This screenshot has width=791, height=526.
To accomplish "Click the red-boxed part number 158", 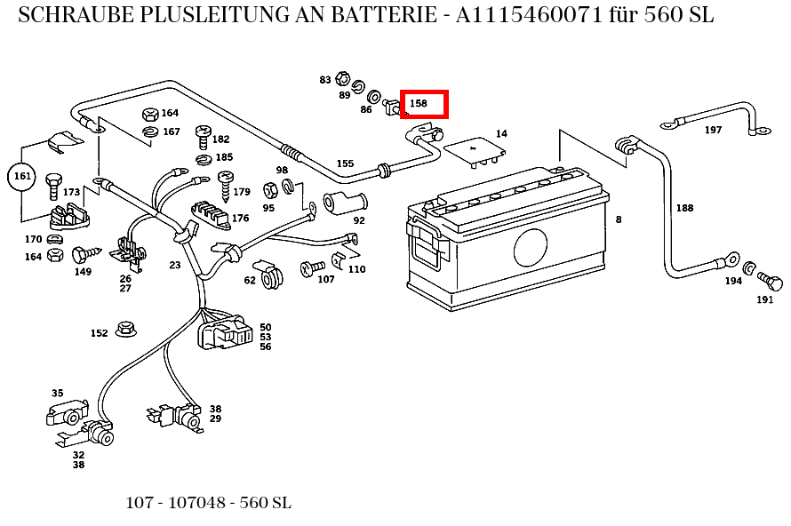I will tap(419, 104).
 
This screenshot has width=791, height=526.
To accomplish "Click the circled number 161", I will tap(22, 177).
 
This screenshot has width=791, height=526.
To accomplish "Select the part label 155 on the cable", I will tap(345, 163).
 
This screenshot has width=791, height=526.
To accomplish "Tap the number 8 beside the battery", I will tap(618, 219).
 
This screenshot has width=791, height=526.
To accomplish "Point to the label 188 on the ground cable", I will tap(684, 208).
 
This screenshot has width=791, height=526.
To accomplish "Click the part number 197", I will tap(713, 130).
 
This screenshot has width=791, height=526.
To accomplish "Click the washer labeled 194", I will tap(749, 268).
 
